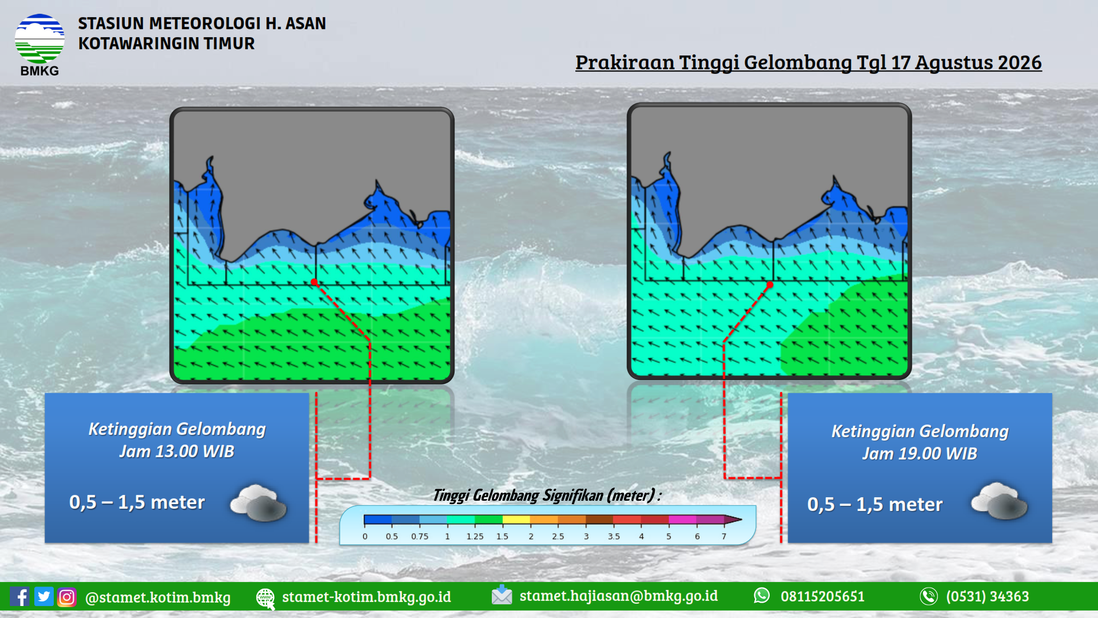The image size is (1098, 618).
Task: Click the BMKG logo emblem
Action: [x=39, y=39]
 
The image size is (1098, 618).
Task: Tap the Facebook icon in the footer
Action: [x=19, y=597]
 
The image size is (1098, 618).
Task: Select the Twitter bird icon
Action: [x=43, y=597]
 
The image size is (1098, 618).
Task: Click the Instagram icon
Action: [x=66, y=597]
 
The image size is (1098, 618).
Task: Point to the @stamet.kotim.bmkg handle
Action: [x=158, y=597]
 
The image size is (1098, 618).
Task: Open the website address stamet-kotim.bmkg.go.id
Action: [x=367, y=597]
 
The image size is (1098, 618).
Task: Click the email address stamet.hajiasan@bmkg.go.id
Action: [x=618, y=596]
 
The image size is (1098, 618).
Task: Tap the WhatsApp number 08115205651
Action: [x=822, y=596]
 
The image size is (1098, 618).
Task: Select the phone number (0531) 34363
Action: [x=987, y=596]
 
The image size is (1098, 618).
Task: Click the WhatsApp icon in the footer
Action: [x=762, y=596]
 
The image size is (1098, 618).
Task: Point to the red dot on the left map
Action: [x=314, y=282]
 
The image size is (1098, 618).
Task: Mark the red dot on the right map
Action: [x=770, y=284]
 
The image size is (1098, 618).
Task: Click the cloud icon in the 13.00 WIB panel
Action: [x=258, y=502]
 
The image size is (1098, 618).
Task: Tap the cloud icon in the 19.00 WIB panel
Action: [x=999, y=501]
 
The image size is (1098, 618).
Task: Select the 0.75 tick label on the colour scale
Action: [x=420, y=537]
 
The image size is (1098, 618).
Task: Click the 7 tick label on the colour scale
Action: [x=724, y=537]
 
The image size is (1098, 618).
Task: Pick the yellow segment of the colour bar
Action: [x=516, y=520]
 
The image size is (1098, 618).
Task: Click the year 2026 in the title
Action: [x=1019, y=62]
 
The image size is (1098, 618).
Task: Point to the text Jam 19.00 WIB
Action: [x=920, y=454]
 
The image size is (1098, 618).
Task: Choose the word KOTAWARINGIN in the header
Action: [x=139, y=43]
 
